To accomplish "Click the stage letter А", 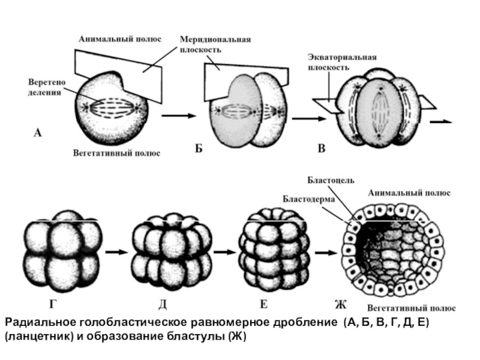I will (x=37, y=133).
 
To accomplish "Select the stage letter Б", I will (x=199, y=149).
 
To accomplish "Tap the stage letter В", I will (x=322, y=149).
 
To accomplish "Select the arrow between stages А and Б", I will (x=179, y=115).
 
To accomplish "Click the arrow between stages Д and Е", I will (x=224, y=253).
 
